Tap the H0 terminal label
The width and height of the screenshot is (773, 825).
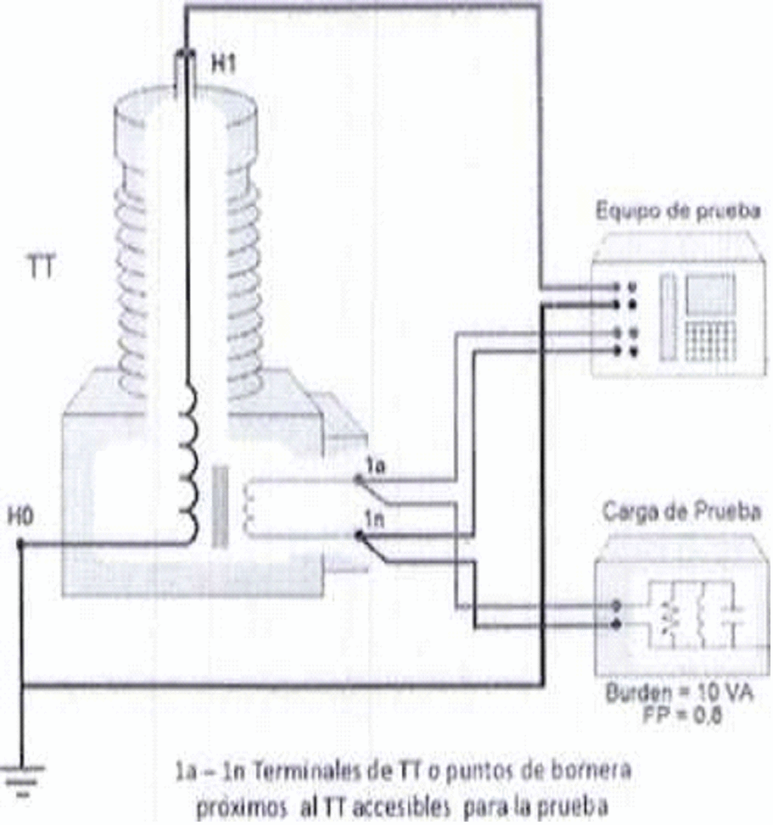(21, 516)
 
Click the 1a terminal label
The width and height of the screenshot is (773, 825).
(376, 465)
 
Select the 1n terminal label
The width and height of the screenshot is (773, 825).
(375, 518)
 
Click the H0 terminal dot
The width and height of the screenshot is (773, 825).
(21, 545)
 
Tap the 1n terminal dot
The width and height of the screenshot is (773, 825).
(359, 536)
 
